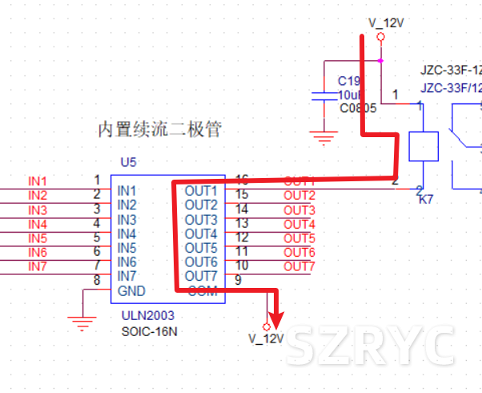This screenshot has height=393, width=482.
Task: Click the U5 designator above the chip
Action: [x=128, y=162]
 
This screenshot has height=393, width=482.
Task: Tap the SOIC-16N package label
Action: [x=148, y=330]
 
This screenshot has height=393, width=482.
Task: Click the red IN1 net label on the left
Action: [x=38, y=181]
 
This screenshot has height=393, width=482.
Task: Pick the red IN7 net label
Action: [x=38, y=266]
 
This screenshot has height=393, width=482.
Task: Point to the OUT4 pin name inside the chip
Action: [x=201, y=233]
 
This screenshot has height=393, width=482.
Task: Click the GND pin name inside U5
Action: [x=131, y=290]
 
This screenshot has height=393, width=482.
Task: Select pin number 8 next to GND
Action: [x=97, y=280]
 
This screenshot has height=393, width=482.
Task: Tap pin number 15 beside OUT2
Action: [x=242, y=195]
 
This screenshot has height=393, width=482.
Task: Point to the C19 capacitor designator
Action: [x=348, y=81]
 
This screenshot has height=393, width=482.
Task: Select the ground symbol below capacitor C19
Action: [x=324, y=138]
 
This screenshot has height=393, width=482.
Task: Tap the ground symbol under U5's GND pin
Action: [x=81, y=323]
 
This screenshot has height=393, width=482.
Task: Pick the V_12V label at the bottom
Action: [x=267, y=339]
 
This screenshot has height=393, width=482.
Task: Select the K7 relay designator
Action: [x=426, y=199]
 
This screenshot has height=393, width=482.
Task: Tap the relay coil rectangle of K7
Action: [x=424, y=147]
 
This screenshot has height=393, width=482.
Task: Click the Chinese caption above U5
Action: [x=159, y=128]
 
